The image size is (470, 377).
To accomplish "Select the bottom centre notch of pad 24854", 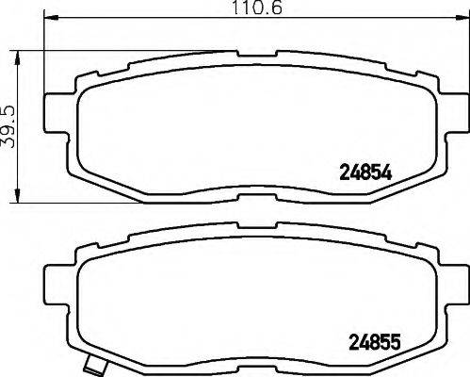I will click(248, 197).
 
